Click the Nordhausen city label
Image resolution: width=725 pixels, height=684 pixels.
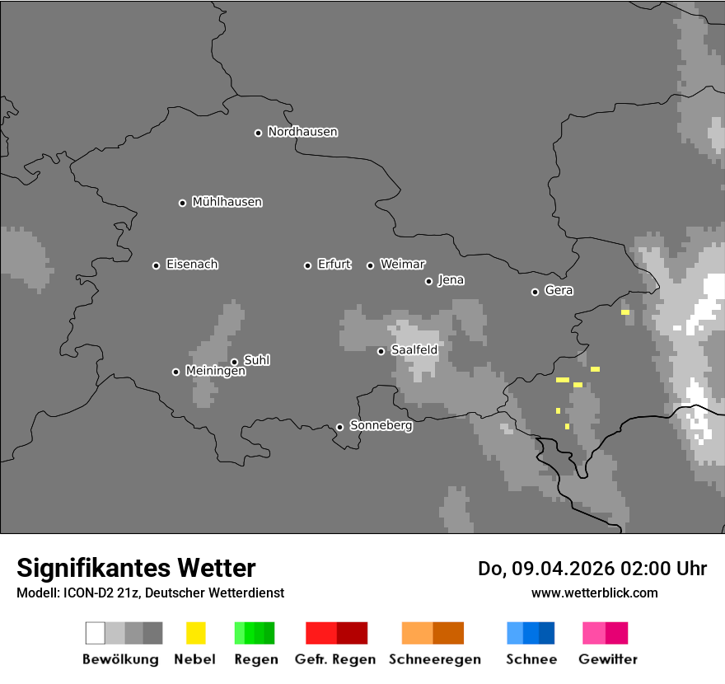tap(302, 132)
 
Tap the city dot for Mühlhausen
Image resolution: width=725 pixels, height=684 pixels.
tap(183, 203)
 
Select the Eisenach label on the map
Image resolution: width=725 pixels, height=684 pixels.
tap(192, 265)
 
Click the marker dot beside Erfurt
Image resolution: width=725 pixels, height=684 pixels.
tap(308, 265)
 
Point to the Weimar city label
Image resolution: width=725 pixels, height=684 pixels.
tap(402, 265)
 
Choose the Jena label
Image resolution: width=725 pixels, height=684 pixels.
tap(451, 280)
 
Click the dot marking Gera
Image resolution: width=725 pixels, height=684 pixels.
tap(535, 292)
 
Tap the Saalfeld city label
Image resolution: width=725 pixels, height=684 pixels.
tap(414, 350)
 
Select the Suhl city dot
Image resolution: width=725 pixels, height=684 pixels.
tap(234, 362)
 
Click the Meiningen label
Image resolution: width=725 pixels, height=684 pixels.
tap(215, 372)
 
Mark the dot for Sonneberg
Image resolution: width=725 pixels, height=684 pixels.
tap(339, 427)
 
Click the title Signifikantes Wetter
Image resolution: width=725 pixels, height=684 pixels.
tap(136, 568)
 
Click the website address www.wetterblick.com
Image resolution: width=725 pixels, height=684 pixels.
tap(594, 593)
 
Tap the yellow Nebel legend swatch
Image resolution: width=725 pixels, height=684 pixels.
tap(195, 633)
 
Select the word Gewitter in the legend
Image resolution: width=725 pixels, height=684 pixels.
tap(608, 659)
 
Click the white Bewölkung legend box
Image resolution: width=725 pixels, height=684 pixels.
tap(96, 633)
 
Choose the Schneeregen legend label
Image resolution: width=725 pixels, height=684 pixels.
tap(434, 659)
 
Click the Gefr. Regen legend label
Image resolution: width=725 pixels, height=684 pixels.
tap(334, 659)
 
